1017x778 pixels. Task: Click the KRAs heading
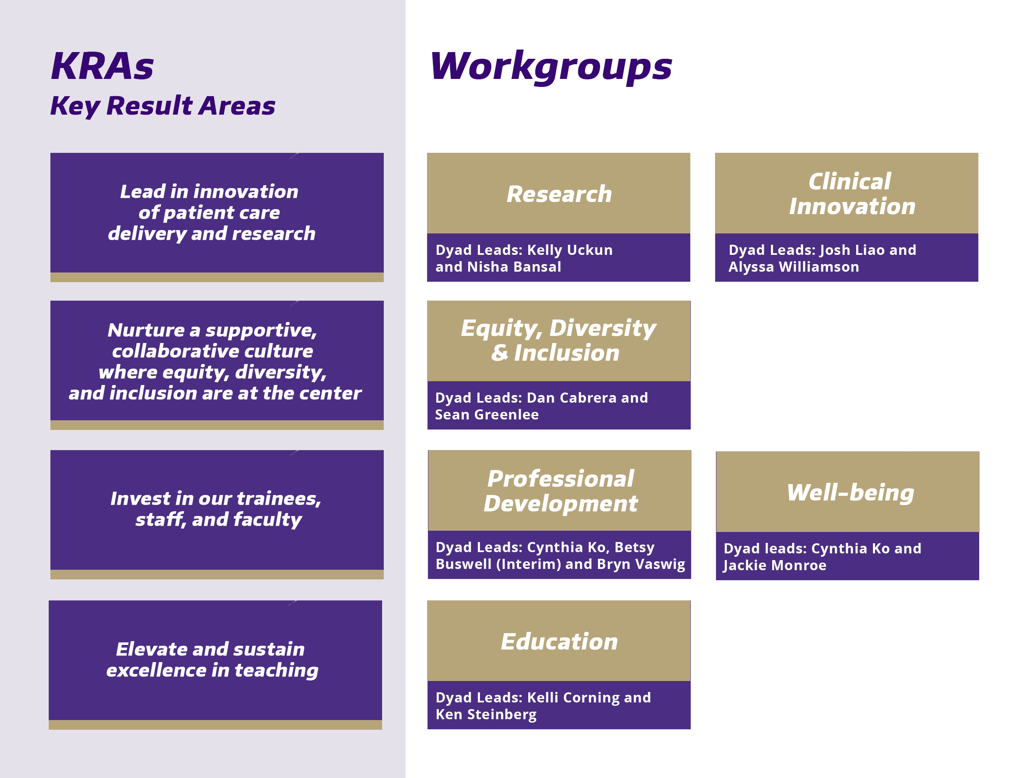[x=102, y=66]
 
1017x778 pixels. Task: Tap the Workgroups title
[x=551, y=68]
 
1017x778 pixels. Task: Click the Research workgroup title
[x=559, y=194]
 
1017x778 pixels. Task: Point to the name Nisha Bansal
[x=514, y=267]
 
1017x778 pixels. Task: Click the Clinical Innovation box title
[x=852, y=194]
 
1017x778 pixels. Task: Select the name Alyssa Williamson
[x=793, y=267]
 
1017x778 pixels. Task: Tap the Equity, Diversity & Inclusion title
[x=558, y=341]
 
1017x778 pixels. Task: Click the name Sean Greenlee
[x=487, y=414]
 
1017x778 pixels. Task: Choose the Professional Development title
[x=561, y=491]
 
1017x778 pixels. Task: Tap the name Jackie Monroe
[x=775, y=566]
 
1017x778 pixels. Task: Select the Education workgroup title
[x=559, y=642]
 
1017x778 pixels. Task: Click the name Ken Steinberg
[x=486, y=715]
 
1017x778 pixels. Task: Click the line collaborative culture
[x=212, y=351]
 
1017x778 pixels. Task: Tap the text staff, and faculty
[x=219, y=520]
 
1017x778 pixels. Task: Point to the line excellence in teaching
[x=212, y=670]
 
